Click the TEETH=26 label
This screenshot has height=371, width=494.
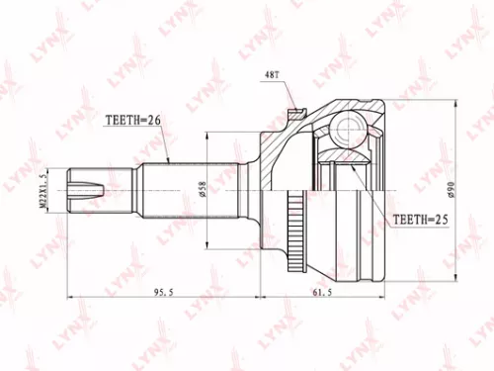tap(133, 120)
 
